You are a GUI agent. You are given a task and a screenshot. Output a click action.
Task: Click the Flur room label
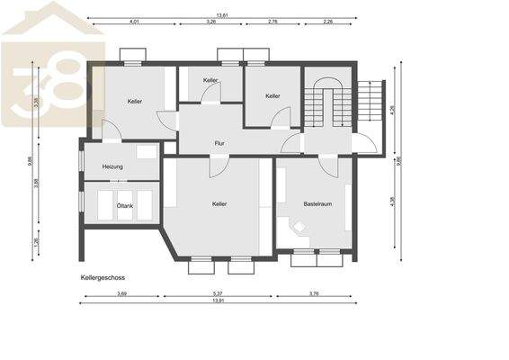click(x=219, y=143)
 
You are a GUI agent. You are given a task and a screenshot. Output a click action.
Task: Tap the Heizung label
click(x=112, y=166)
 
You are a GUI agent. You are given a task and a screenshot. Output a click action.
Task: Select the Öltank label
click(x=125, y=206)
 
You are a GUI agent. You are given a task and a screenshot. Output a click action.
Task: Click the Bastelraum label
click(x=317, y=204)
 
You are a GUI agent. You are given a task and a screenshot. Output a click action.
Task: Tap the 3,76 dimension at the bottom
click(x=314, y=293)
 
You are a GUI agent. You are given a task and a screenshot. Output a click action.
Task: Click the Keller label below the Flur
click(x=219, y=204)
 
